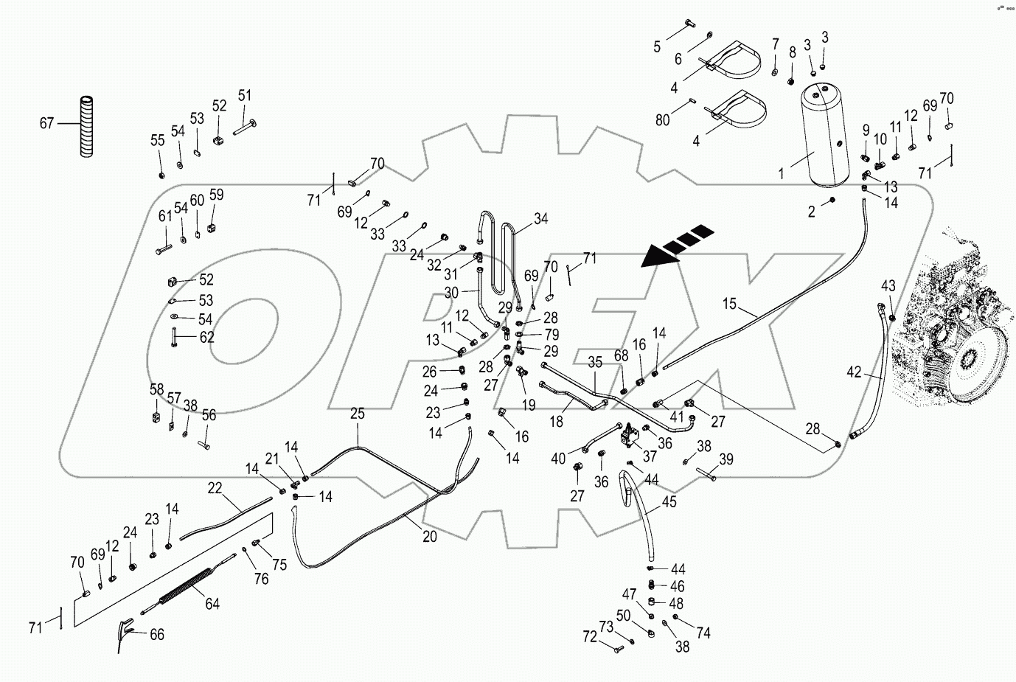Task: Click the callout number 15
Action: (x=729, y=303)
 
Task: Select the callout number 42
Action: (x=854, y=372)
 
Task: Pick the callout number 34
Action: (x=541, y=218)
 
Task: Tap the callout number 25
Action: (x=357, y=414)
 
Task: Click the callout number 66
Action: (x=156, y=634)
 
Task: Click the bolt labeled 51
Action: (x=246, y=123)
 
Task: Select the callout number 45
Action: (x=669, y=502)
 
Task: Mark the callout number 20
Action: (x=429, y=537)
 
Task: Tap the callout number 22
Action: (x=215, y=487)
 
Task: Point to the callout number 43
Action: (x=888, y=285)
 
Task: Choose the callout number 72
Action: (x=589, y=637)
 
